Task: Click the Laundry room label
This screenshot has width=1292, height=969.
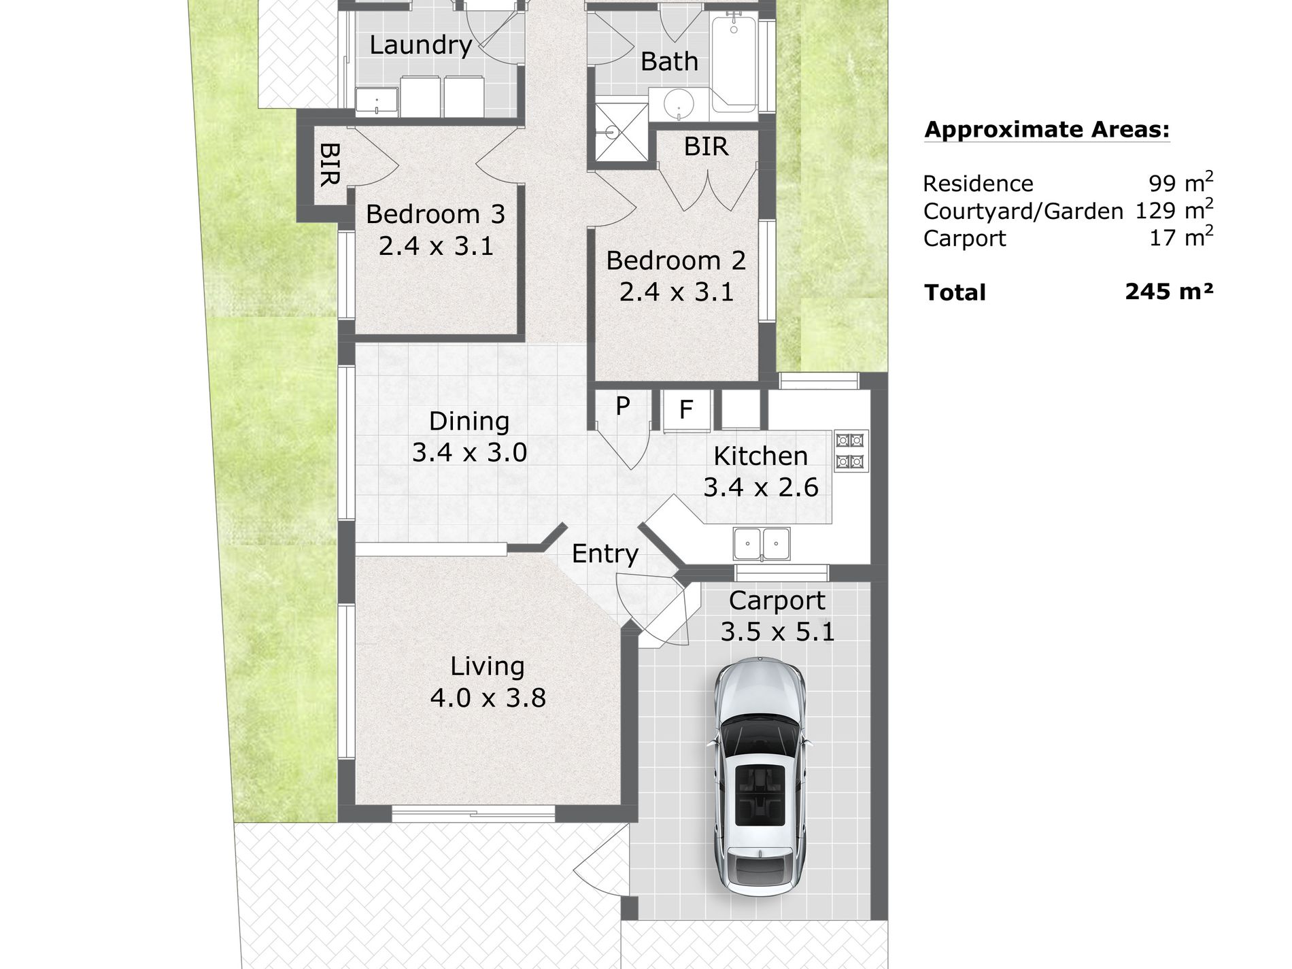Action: [x=420, y=46]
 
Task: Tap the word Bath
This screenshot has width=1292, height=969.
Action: [x=669, y=62]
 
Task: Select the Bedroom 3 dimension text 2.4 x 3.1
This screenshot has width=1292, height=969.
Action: [x=436, y=246]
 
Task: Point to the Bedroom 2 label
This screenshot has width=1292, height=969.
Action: [x=676, y=260]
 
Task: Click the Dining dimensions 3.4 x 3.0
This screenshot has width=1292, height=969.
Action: [x=469, y=452]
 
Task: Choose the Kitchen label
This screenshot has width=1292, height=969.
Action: [x=760, y=456]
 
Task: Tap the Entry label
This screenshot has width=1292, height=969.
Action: [x=605, y=554]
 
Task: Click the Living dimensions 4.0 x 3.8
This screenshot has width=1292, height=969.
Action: [x=488, y=698]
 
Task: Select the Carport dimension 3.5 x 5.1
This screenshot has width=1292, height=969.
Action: [x=777, y=632]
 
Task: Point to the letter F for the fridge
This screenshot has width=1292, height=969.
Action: [x=686, y=409]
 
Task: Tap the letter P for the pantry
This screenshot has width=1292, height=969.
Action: [x=622, y=406]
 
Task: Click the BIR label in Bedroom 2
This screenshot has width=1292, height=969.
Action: [x=706, y=147]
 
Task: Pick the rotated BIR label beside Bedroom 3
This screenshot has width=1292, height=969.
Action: [x=329, y=164]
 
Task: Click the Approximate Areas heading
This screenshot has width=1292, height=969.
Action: [x=1047, y=130]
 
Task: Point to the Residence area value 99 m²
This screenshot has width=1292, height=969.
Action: [x=1180, y=182]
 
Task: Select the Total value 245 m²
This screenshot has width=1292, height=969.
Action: [x=1169, y=292]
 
